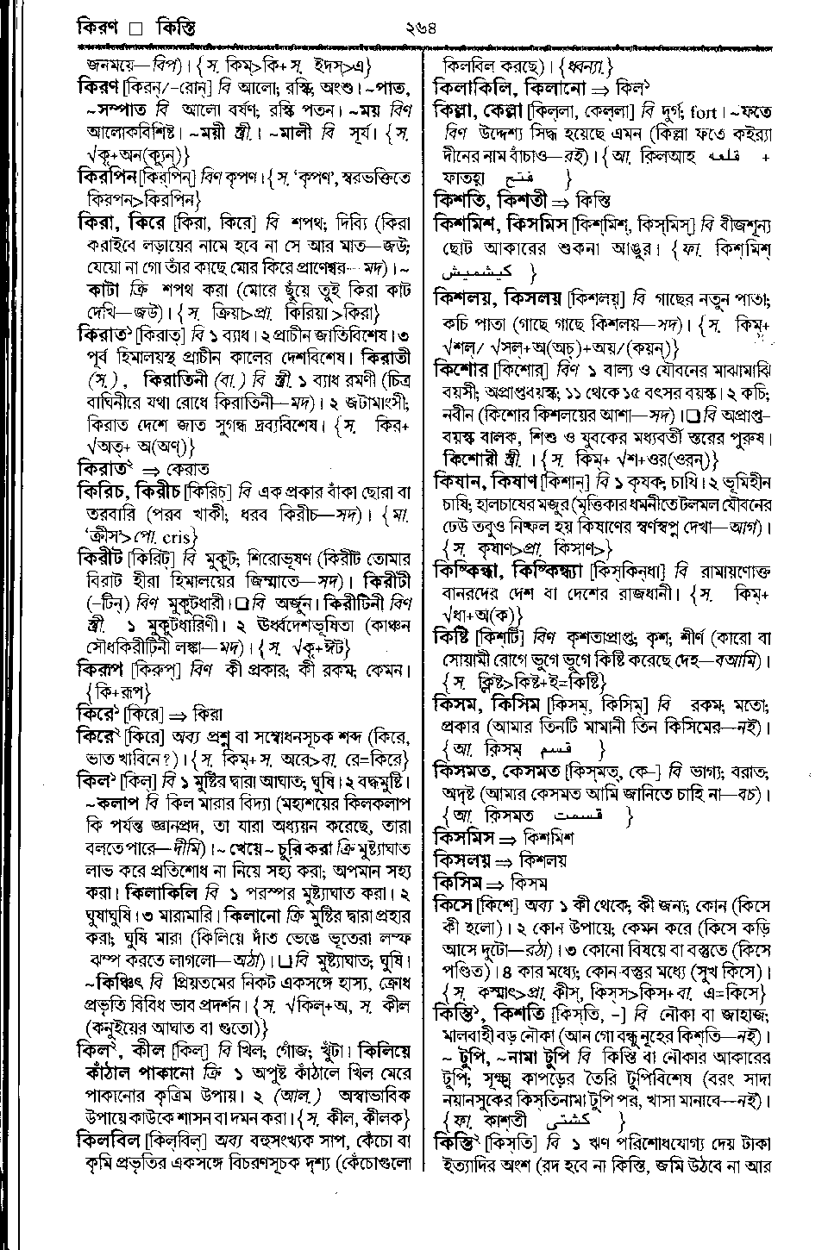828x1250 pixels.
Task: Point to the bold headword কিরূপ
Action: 99,669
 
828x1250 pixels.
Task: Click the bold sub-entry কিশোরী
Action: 471,457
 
